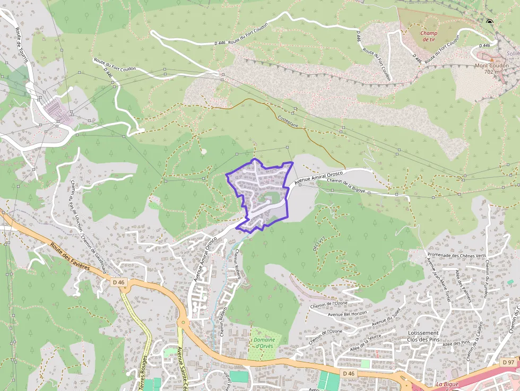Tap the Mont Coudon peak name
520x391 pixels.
[x=491, y=68]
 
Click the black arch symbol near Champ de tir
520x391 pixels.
[x=489, y=22]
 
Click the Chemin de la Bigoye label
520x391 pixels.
[x=346, y=186]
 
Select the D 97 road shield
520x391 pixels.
[x=508, y=362]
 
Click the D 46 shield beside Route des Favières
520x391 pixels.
[x=119, y=283]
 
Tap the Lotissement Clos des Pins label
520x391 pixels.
[x=423, y=336]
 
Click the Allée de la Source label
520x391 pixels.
[x=366, y=343]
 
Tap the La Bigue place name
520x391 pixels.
[x=447, y=384]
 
